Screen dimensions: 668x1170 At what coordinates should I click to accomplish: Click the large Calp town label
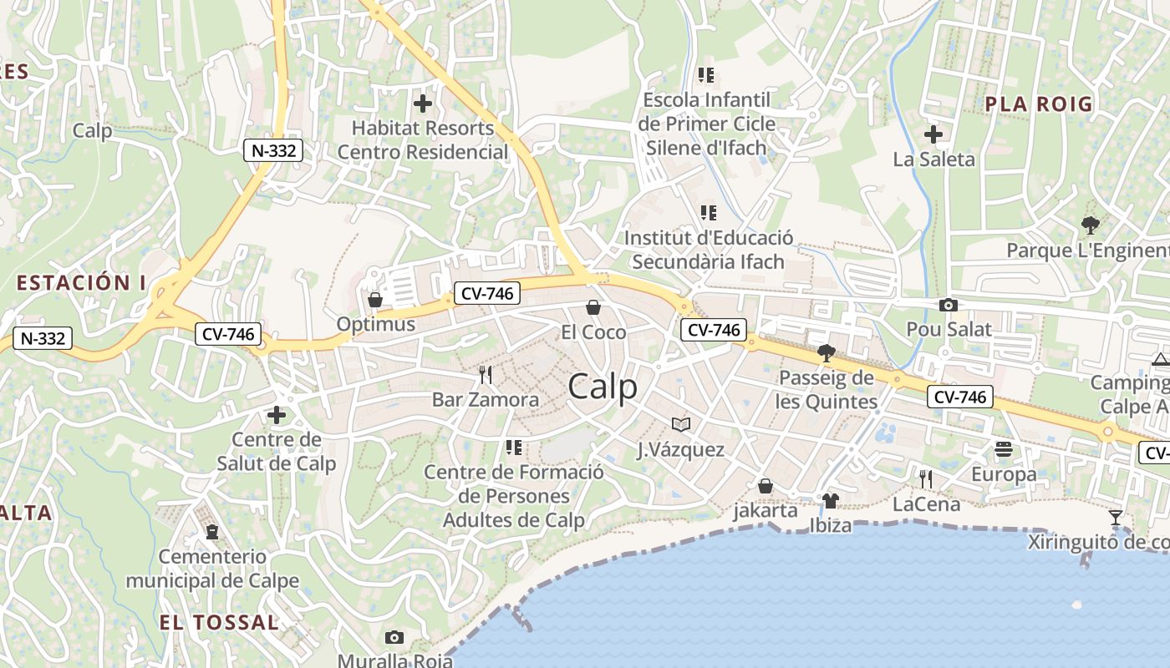tap(603, 387)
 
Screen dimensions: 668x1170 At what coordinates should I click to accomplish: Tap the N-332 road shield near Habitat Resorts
tap(272, 150)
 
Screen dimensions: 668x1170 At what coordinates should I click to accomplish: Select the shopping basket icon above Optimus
tap(375, 299)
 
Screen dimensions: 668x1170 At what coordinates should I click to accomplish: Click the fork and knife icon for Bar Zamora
tap(486, 374)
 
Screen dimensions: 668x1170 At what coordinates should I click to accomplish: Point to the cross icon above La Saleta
tap(933, 134)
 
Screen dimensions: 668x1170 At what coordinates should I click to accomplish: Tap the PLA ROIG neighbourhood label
tap(1039, 104)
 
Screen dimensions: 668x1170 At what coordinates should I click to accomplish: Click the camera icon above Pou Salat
tap(949, 305)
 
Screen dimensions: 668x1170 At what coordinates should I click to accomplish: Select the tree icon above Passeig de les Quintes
tap(827, 353)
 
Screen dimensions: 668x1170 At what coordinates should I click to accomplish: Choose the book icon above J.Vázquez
tap(681, 425)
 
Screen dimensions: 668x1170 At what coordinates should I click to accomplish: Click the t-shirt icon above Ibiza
tap(830, 500)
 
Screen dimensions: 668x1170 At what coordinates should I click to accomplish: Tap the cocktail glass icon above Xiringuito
tap(1116, 518)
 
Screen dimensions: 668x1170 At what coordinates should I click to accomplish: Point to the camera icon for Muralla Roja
tap(394, 638)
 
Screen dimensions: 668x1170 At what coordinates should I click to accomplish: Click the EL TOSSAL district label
tap(219, 622)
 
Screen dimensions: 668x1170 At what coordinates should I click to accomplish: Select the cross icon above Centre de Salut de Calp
tap(277, 415)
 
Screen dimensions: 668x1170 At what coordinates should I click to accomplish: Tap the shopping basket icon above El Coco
tap(593, 307)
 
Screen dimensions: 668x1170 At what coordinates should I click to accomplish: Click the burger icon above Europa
tap(1004, 450)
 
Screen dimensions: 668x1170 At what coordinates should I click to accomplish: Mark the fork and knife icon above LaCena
tap(926, 479)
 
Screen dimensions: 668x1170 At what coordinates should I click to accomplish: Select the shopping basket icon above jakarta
tap(766, 486)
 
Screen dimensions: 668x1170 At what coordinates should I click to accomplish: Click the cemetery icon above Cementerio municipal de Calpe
tap(212, 531)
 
